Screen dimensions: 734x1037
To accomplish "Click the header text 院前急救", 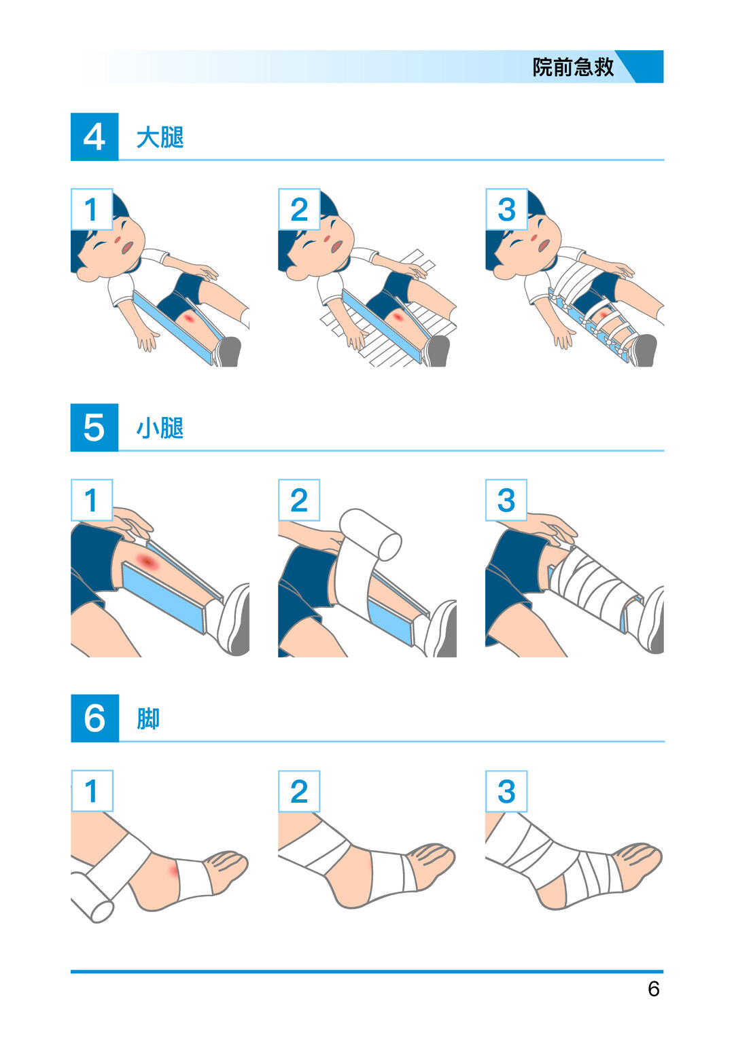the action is [573, 67].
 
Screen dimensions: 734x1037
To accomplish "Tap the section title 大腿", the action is [160, 137].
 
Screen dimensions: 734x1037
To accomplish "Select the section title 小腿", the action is [160, 428].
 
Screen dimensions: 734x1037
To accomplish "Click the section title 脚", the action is [148, 718].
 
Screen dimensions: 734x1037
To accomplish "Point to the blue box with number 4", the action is [94, 137].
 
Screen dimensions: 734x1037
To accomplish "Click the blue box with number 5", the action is [94, 427].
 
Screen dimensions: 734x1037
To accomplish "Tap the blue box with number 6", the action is [94, 718].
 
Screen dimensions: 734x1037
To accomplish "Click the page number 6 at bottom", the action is [653, 988].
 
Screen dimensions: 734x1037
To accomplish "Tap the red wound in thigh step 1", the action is [190, 319].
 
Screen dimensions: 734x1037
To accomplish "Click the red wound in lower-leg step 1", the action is [147, 561].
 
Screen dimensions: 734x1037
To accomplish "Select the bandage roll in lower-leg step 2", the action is [370, 534].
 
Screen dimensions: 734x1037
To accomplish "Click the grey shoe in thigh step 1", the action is [228, 352].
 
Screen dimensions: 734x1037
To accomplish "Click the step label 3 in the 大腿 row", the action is [506, 209].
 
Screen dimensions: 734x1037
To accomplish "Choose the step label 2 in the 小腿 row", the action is [299, 500].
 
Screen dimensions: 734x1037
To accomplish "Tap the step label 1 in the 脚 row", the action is [92, 790].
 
